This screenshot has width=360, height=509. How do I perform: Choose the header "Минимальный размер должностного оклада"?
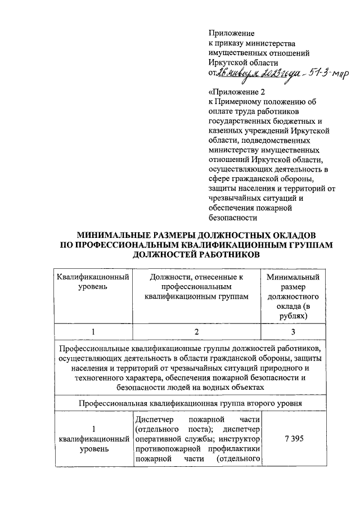coord(292,296)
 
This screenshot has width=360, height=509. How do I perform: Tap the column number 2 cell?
coord(196,332)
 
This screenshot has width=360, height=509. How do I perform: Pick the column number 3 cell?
coord(293,332)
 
